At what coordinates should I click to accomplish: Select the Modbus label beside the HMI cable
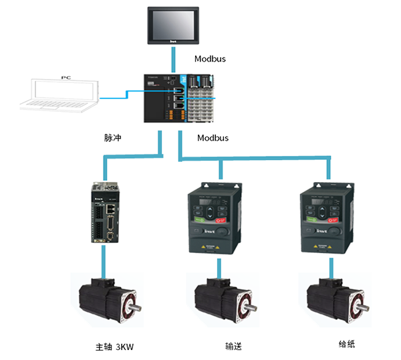[x=210, y=59]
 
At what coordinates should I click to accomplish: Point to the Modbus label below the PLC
[x=213, y=138]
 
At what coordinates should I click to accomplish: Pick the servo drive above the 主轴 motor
[x=104, y=212]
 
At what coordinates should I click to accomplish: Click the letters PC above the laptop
[x=65, y=78]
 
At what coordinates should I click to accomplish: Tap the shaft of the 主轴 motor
[x=137, y=308]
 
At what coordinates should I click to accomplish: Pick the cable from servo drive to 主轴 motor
[x=103, y=258]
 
